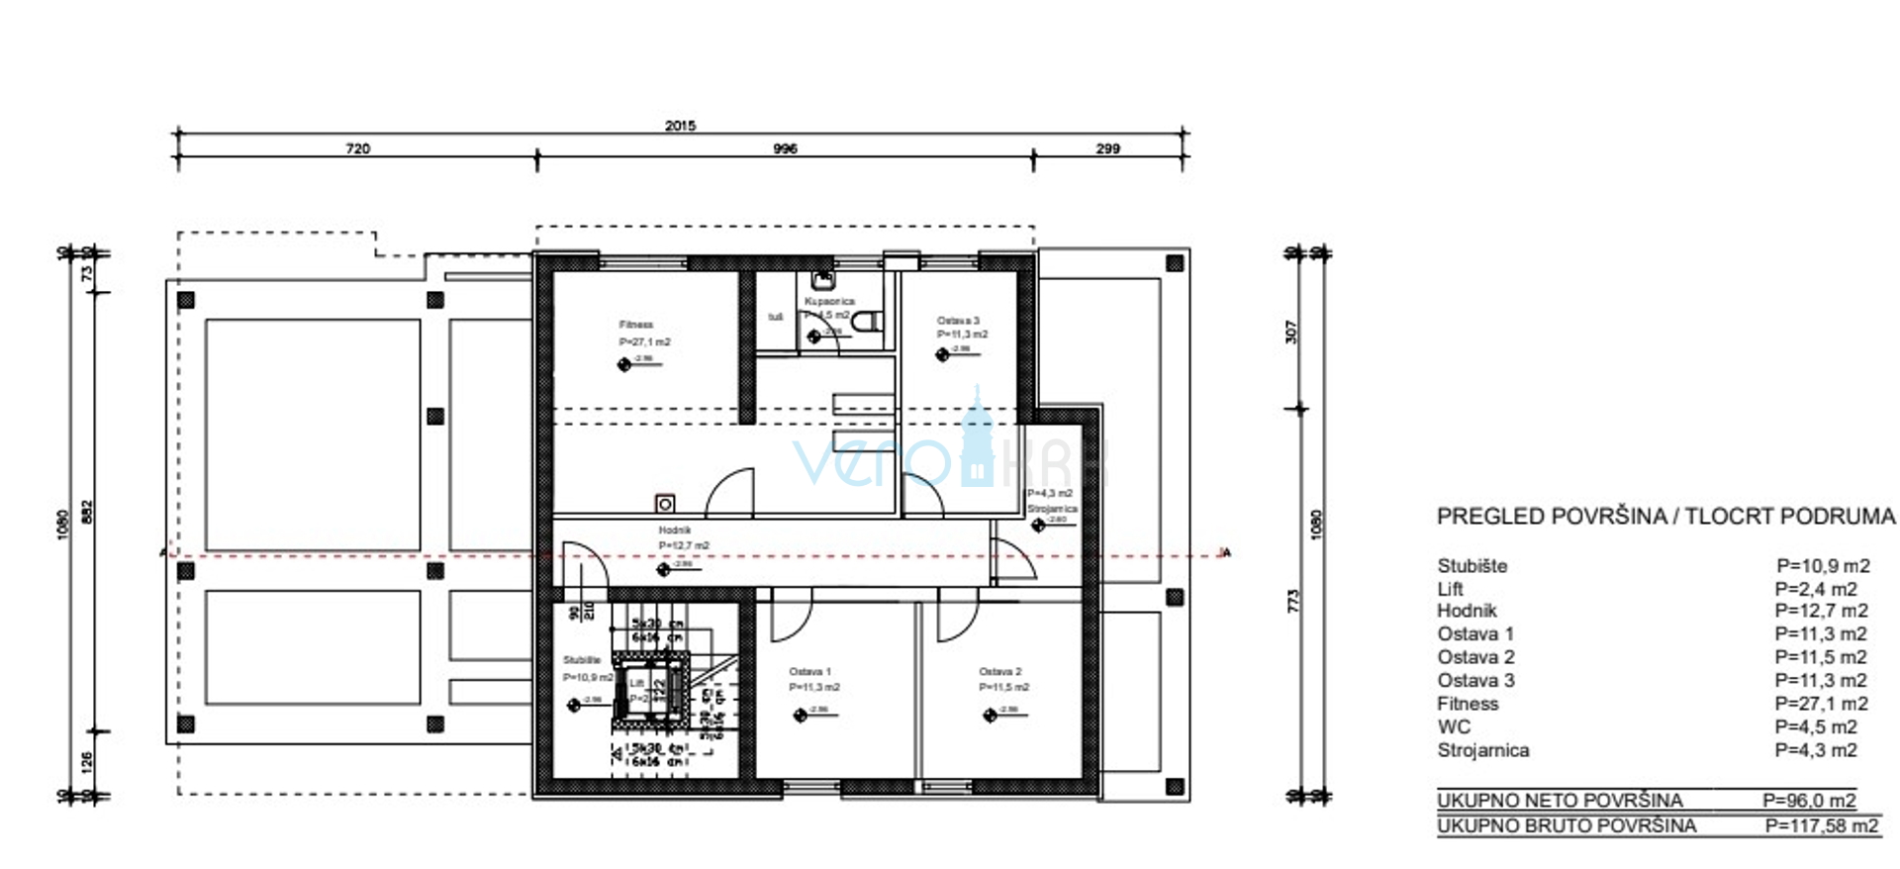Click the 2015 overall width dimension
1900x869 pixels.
680,126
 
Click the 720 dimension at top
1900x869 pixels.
357,148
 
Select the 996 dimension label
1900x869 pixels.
785,148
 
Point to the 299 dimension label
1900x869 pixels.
1107,148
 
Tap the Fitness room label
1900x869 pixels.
636,325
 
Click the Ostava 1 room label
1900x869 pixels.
809,672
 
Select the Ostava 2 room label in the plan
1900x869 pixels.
999,672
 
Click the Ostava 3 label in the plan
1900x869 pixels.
958,321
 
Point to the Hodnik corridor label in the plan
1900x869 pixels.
675,531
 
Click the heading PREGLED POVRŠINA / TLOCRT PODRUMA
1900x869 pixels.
1665,516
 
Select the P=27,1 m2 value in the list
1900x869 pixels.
1821,704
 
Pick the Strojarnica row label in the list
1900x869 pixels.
1482,750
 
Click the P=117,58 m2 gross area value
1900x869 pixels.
1821,825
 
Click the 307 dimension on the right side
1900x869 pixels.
1290,332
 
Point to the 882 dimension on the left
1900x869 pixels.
87,511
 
